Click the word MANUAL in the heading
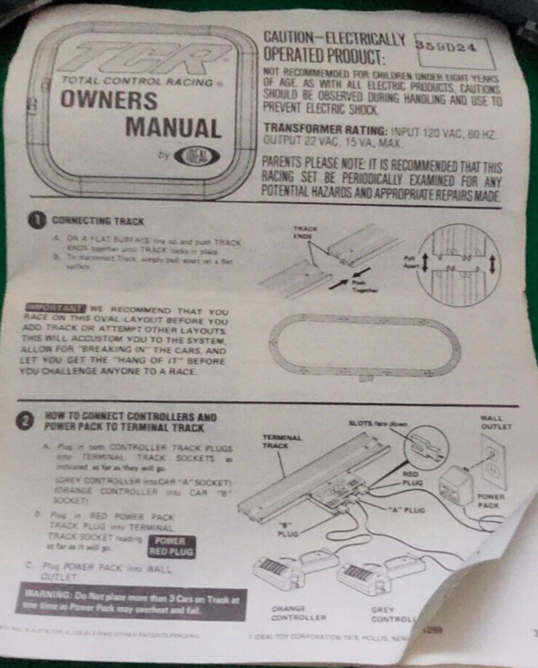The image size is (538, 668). pos(173,128)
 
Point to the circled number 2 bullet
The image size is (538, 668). pos(26,421)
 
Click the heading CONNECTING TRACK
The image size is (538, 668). pos(97,219)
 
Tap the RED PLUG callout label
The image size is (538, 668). pos(413,479)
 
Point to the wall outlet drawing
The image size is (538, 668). pos(493,459)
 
